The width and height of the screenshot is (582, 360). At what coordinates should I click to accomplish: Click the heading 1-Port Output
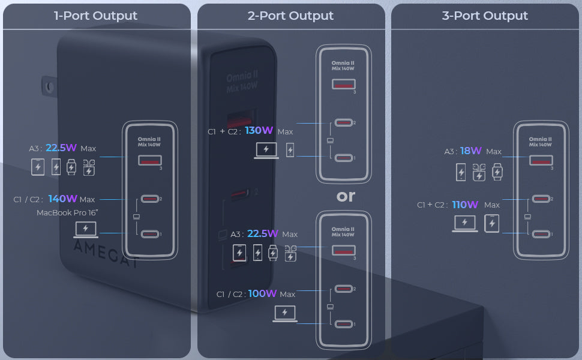tap(96, 16)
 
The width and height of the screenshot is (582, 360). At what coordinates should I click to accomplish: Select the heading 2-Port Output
tap(290, 16)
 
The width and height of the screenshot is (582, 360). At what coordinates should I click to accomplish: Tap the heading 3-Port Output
tap(485, 16)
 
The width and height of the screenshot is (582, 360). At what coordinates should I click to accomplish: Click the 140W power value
tap(63, 199)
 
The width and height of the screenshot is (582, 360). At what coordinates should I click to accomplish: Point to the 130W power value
tap(259, 130)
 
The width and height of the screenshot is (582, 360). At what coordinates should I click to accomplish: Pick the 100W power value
tap(262, 293)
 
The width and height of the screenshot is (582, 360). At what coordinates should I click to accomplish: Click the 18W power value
tap(470, 151)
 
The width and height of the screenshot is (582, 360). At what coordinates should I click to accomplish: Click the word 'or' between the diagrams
tap(346, 196)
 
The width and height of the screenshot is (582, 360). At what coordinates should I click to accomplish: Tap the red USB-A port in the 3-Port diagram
tap(541, 160)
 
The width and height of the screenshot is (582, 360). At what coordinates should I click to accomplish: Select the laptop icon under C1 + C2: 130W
tap(266, 150)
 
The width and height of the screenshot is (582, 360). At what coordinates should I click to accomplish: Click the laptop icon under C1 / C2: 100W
tap(285, 313)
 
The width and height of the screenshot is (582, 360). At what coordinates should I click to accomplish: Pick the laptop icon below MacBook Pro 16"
tap(86, 229)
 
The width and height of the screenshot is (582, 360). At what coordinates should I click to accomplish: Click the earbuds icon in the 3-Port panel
tap(479, 172)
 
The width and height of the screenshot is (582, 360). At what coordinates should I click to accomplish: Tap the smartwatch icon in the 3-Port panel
tap(497, 172)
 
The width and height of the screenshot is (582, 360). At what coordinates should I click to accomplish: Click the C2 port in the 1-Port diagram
tap(150, 199)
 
